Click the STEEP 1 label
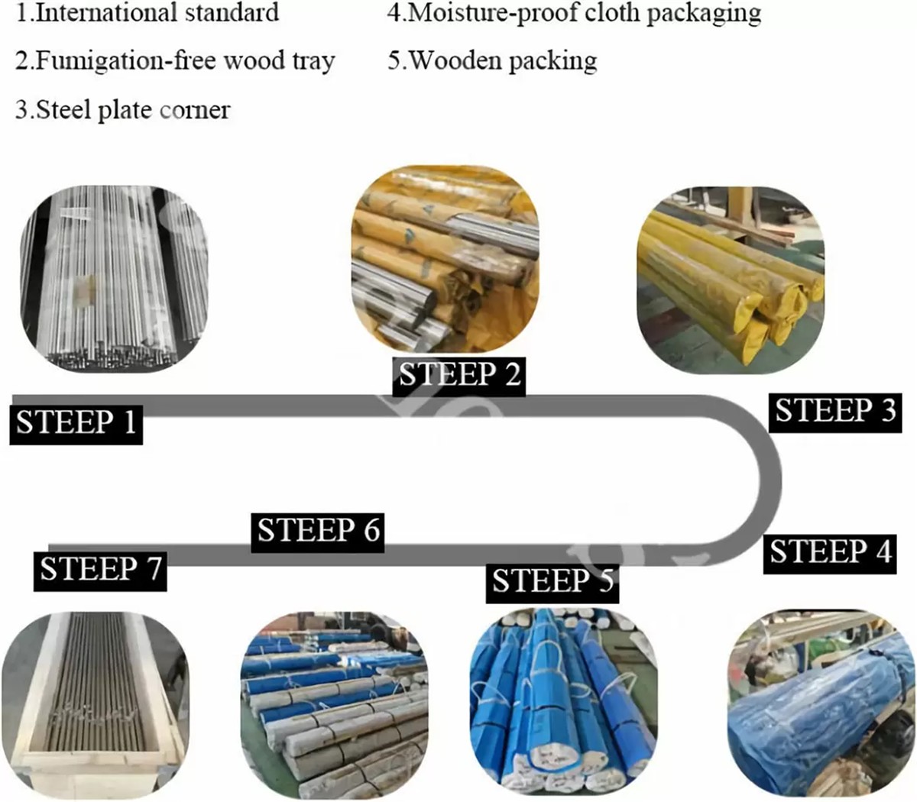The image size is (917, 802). coord(76,422)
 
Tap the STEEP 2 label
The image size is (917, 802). coord(459,374)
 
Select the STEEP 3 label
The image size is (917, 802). coord(834,411)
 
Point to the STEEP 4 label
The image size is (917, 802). coord(830,551)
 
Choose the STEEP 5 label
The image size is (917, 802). coord(552,582)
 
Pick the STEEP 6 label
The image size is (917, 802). coord(318,530)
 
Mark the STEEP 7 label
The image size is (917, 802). coord(101,569)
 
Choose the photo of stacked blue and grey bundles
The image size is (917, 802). coord(333,703)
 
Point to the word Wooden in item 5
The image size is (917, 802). coord(455,60)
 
